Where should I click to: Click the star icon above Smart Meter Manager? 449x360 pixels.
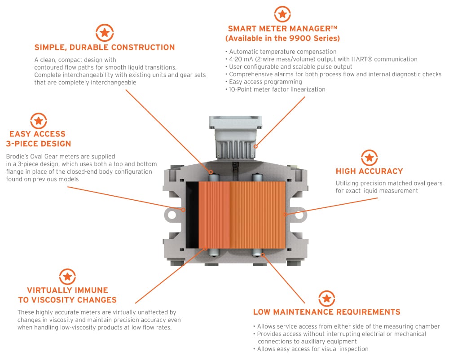(282, 14)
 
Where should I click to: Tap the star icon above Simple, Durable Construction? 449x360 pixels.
(104, 33)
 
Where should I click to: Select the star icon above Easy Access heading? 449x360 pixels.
(38, 120)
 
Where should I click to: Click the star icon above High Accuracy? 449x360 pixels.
(369, 158)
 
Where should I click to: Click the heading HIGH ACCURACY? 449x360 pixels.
(369, 171)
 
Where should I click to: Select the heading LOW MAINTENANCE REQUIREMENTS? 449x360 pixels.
(326, 312)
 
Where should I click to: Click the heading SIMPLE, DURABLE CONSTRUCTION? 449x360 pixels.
(105, 47)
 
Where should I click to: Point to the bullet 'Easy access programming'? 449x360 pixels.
(265, 82)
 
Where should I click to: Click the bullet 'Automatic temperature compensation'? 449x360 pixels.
(282, 52)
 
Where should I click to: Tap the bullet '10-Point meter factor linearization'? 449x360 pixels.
(277, 89)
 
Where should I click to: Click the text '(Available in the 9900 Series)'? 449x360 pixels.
(282, 38)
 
